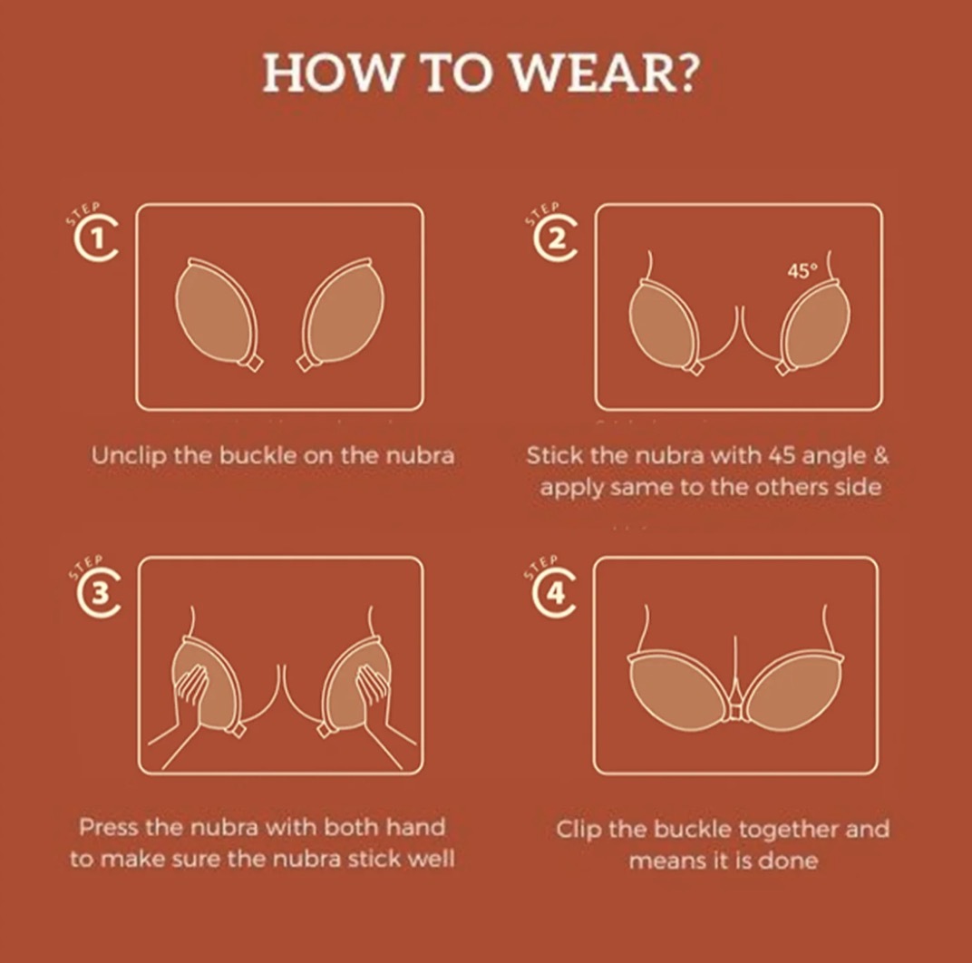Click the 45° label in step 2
click(802, 271)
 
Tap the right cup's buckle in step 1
click(306, 362)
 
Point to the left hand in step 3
click(186, 713)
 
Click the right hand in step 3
click(379, 713)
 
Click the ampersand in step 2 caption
click(881, 456)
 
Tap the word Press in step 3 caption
click(109, 827)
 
